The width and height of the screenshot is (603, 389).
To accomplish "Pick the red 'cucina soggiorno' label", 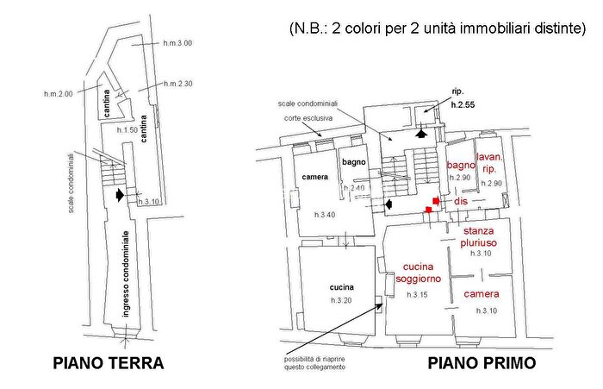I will (419, 273).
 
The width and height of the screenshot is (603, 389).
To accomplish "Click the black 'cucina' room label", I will (342, 287).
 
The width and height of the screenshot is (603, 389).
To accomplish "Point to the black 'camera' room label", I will (315, 178).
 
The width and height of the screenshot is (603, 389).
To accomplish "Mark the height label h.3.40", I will (326, 215).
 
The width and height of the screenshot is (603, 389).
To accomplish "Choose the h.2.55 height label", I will (463, 104).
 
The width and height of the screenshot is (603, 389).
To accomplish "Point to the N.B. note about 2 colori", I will (437, 28).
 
